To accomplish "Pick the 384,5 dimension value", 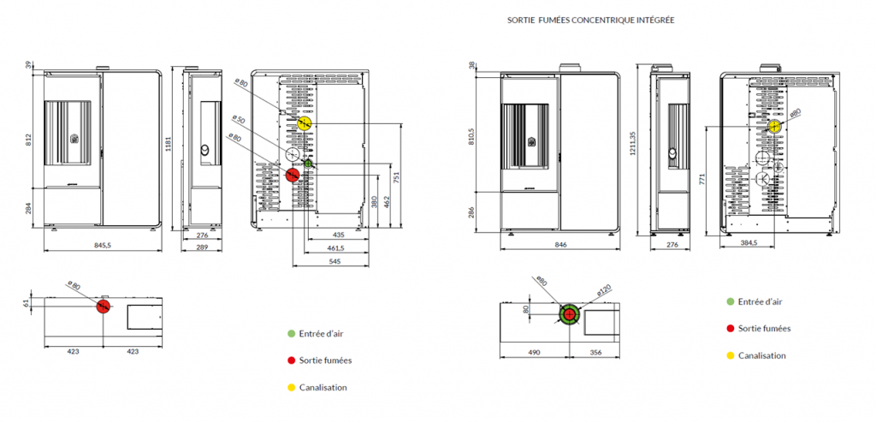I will (749, 244).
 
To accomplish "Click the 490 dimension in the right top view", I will (534, 351).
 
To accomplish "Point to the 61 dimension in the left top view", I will (27, 301).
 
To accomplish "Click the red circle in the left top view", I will (103, 306).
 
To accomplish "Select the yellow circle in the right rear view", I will (775, 127).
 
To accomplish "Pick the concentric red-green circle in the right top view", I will (569, 315).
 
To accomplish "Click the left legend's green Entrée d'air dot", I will (292, 334).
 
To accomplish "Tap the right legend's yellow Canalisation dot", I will (729, 355).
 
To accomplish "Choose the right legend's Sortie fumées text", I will (764, 328).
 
